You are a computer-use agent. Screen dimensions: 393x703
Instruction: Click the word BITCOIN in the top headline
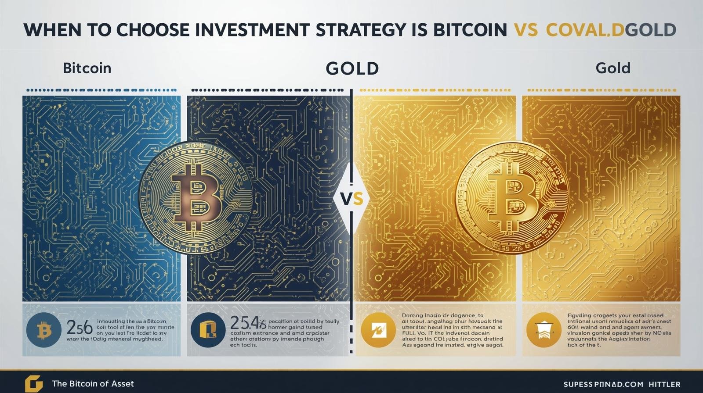coord(470,30)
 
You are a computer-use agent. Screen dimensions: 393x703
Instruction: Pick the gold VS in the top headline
coord(525,30)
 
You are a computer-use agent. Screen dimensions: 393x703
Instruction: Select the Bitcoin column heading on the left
coord(87,68)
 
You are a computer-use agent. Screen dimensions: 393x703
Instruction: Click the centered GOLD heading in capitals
coord(352,68)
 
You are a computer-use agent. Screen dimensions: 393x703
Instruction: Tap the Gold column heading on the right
coord(613,68)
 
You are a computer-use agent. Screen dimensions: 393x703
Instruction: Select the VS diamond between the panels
coord(351,199)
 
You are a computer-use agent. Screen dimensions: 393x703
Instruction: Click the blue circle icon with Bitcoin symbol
coord(43,330)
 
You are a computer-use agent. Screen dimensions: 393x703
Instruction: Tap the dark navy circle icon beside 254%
coord(208,330)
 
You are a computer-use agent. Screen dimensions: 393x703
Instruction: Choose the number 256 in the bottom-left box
coord(79,328)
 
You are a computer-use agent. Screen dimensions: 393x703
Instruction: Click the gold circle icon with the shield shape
coord(543,330)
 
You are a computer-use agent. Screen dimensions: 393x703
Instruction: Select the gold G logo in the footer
coord(33,384)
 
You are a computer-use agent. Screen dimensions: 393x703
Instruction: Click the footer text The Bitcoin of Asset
coord(93,384)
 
